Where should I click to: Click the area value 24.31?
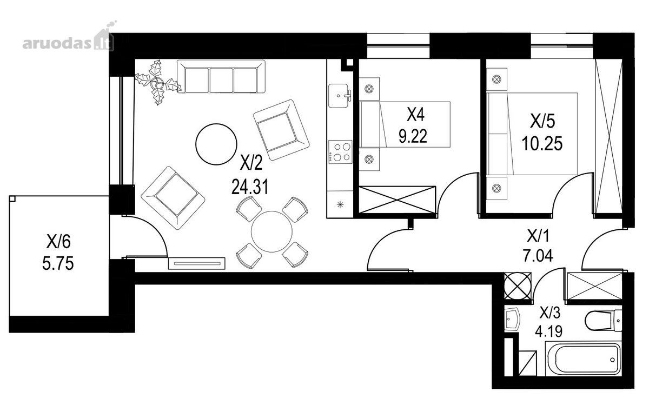point(250,187)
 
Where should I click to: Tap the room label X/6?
point(58,242)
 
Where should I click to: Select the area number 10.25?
point(542,143)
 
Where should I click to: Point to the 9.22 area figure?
point(413,136)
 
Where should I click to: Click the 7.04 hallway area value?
point(538,256)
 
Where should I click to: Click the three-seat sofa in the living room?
point(221,76)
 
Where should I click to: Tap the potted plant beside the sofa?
point(158,82)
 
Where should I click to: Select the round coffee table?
point(216,144)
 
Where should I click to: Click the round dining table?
point(271,232)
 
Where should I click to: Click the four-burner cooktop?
point(340,152)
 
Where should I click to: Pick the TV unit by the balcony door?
point(197,263)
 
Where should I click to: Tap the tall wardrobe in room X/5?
point(608,136)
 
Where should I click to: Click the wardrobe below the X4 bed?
point(397,200)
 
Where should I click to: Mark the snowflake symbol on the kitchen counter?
point(340,205)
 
